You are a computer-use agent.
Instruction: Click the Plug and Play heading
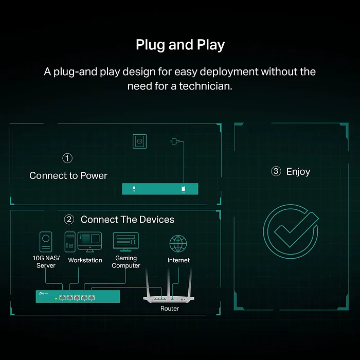tap(180, 45)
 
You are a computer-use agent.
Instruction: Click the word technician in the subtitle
tap(206, 86)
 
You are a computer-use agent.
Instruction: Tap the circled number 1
tap(67, 158)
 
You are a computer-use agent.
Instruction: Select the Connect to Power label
tap(68, 176)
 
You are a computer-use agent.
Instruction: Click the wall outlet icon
tap(139, 141)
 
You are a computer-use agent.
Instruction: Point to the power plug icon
tap(174, 141)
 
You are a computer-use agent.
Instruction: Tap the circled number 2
tap(69, 220)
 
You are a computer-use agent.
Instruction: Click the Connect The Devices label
tap(128, 220)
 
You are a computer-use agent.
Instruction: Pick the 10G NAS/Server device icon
tap(46, 242)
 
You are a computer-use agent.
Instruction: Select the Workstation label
tap(85, 260)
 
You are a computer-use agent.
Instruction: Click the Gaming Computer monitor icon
tap(126, 242)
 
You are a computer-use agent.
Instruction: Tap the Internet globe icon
tap(178, 244)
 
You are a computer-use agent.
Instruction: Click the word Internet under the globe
tap(178, 260)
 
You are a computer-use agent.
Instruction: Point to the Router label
tap(169, 309)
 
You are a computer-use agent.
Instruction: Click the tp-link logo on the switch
tap(43, 294)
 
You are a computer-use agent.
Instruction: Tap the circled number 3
tap(276, 171)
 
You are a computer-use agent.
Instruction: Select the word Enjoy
tap(298, 172)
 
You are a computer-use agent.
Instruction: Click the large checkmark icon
tap(291, 231)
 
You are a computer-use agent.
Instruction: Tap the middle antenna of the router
tap(169, 282)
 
